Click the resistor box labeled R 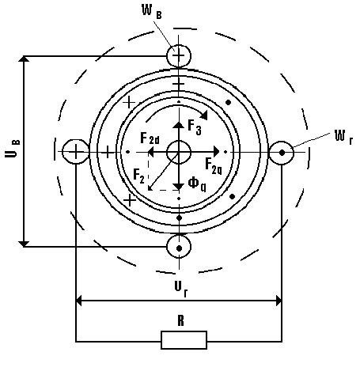(x=184, y=340)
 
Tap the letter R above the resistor (x=180, y=321)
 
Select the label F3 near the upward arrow (x=195, y=127)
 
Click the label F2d (x=150, y=138)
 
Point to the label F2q (x=214, y=166)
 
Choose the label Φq (x=197, y=184)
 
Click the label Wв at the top (x=152, y=12)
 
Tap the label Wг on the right (x=343, y=137)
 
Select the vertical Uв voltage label (x=13, y=149)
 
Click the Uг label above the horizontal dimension (x=181, y=289)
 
